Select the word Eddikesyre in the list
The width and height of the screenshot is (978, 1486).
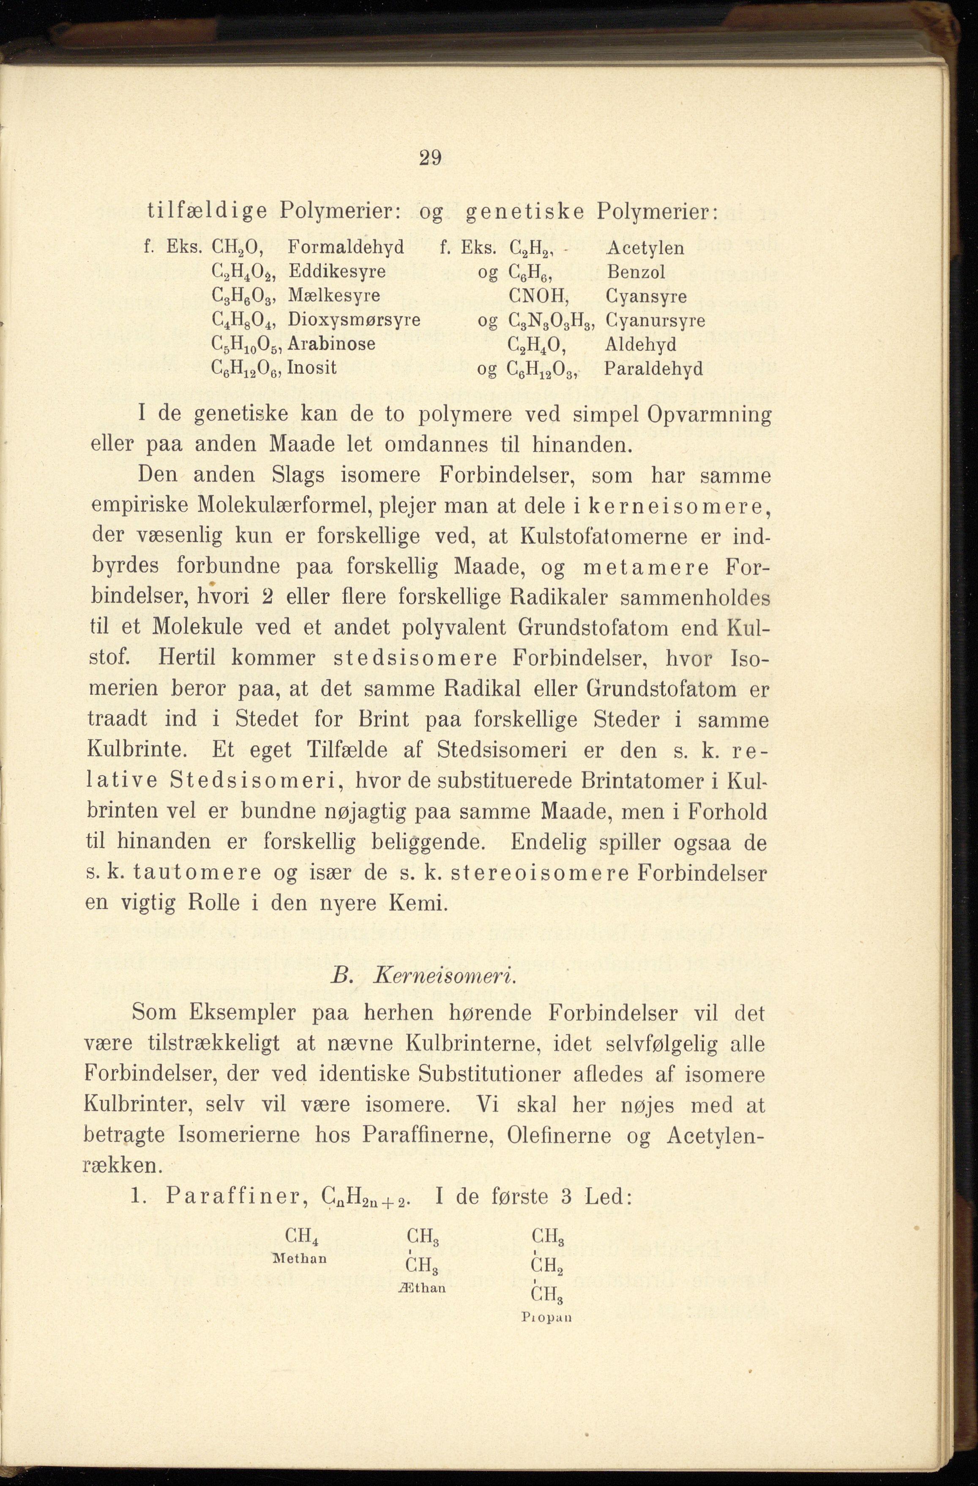[x=337, y=271]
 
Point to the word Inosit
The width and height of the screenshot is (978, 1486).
[x=311, y=368]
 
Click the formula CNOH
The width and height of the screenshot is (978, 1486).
[x=537, y=296]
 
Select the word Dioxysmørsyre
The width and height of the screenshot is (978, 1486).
[x=354, y=320]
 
